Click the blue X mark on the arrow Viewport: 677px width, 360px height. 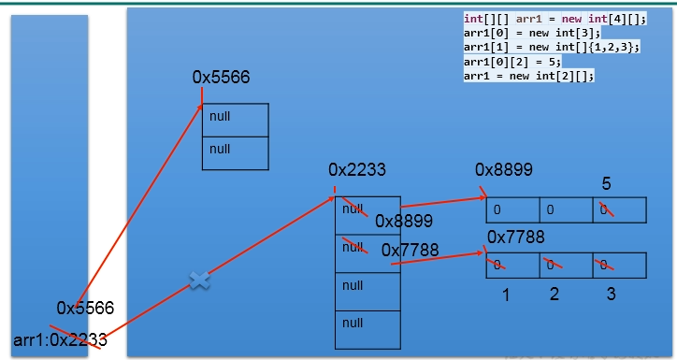pyautogui.click(x=198, y=280)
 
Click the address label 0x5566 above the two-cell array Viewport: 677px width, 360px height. pyautogui.click(x=221, y=78)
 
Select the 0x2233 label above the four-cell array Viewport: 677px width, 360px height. pyautogui.click(x=357, y=170)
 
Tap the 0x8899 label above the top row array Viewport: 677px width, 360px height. pyautogui.click(x=504, y=170)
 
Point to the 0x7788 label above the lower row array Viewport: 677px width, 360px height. pyautogui.click(x=515, y=238)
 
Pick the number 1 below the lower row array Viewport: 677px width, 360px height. pyautogui.click(x=505, y=295)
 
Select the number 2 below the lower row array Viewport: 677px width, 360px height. pyautogui.click(x=555, y=295)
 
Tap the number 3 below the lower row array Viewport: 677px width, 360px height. pyautogui.click(x=611, y=295)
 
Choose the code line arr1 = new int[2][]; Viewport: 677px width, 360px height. pyautogui.click(x=529, y=76)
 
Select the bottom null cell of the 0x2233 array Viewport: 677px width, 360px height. pyautogui.click(x=367, y=324)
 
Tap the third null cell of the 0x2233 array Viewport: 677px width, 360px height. pyautogui.click(x=367, y=286)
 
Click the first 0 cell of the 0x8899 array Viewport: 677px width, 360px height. pyautogui.click(x=512, y=209)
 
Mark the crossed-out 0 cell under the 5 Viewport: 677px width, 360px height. pyautogui.click(x=619, y=209)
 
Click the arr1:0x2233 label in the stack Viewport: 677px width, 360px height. pyautogui.click(x=61, y=340)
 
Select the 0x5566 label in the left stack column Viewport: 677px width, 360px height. pyautogui.click(x=85, y=308)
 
